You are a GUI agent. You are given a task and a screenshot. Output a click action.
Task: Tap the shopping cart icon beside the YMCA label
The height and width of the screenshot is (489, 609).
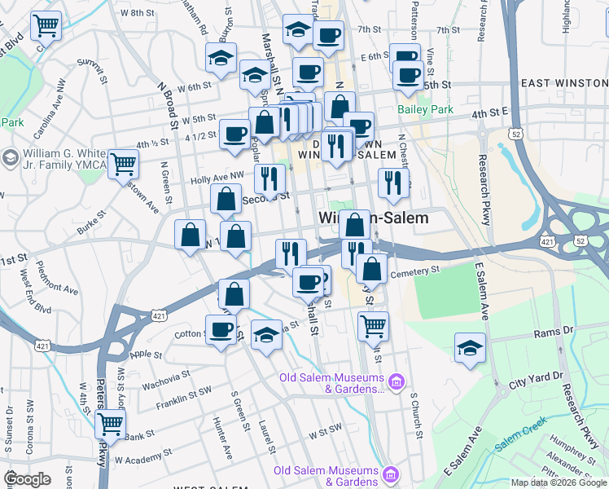(124, 164)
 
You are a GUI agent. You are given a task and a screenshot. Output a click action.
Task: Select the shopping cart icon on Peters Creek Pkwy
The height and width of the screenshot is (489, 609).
(110, 424)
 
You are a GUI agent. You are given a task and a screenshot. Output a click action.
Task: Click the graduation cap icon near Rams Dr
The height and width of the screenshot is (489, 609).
(470, 347)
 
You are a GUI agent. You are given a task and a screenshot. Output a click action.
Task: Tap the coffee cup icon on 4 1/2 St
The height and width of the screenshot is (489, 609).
(235, 134)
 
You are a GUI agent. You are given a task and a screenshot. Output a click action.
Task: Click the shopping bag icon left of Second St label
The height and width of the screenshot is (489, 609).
(226, 198)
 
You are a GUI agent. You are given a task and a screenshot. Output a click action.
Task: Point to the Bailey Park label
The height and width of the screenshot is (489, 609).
(425, 109)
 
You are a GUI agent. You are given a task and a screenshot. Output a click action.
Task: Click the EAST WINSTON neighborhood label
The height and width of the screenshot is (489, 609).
(563, 83)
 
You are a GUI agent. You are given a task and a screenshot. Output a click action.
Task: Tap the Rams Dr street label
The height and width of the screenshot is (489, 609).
(554, 332)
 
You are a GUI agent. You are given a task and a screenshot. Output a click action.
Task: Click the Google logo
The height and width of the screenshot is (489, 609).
(27, 479)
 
